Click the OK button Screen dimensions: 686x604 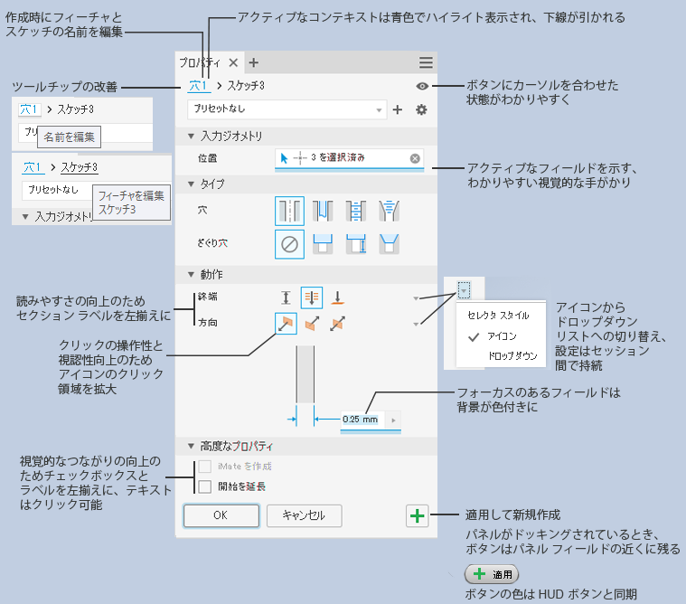pyautogui.click(x=221, y=515)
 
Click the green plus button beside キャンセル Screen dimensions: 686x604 pyautogui.click(x=417, y=515)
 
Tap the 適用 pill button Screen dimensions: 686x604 pyautogui.click(x=492, y=574)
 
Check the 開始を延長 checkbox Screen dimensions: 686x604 pyautogui.click(x=205, y=486)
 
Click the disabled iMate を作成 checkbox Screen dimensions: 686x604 pyautogui.click(x=205, y=467)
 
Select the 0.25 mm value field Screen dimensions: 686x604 pyautogui.click(x=361, y=420)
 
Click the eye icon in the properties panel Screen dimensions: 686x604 pyautogui.click(x=422, y=86)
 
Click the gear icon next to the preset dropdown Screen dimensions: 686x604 pyautogui.click(x=421, y=109)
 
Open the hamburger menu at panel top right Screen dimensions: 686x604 pyautogui.click(x=426, y=62)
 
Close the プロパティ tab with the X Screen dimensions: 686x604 pyautogui.click(x=233, y=62)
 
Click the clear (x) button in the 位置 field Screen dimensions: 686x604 pyautogui.click(x=415, y=158)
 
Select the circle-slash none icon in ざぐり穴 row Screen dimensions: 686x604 pyautogui.click(x=289, y=244)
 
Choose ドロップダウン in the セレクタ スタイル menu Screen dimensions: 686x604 pyautogui.click(x=512, y=356)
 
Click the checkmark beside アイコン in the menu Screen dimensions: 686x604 pyautogui.click(x=474, y=337)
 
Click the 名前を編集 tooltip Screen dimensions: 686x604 pyautogui.click(x=69, y=137)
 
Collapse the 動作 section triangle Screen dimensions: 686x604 pyautogui.click(x=191, y=275)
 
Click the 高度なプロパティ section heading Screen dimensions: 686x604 pyautogui.click(x=236, y=447)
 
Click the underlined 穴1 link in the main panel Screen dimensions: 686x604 pyautogui.click(x=198, y=86)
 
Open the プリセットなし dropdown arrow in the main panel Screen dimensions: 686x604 pyautogui.click(x=379, y=110)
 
